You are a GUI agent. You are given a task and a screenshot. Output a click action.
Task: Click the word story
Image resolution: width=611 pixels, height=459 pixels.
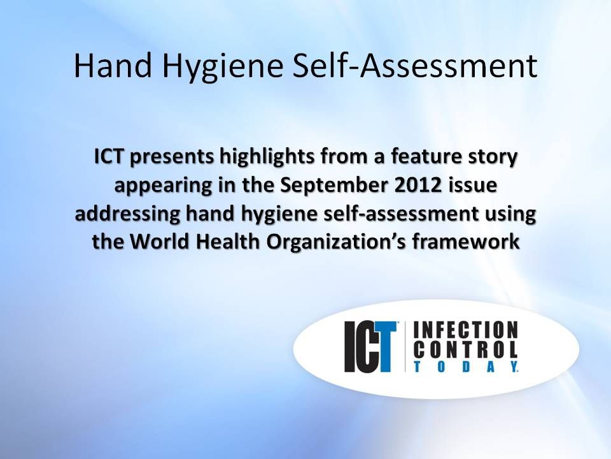[493, 157]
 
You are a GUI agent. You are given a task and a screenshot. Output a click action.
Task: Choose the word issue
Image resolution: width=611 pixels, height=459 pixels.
[474, 185]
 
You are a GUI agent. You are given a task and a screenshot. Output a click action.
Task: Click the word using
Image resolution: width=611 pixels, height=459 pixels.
[512, 215]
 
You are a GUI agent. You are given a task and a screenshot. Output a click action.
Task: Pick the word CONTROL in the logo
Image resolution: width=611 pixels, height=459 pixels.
[466, 349]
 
